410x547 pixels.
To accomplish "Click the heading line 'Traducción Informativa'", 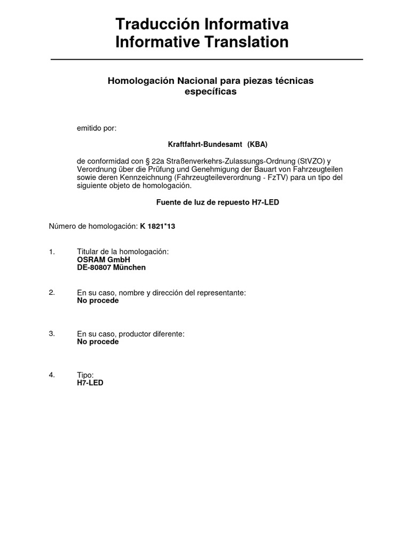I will [202, 24].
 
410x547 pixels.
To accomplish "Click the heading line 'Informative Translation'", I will [202, 42].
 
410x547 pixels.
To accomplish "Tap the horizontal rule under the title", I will [207, 59].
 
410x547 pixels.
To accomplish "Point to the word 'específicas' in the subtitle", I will [210, 91].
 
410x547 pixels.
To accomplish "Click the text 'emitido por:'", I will [97, 128].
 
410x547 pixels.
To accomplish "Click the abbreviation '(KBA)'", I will [257, 145].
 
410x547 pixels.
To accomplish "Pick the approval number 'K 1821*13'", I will [157, 226].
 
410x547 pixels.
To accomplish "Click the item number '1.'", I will [52, 251].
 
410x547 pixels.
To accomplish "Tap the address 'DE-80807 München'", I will [111, 268].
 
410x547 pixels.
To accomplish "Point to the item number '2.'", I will [52, 292].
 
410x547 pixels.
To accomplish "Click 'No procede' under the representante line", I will [98, 301].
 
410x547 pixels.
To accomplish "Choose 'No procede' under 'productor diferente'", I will [98, 342].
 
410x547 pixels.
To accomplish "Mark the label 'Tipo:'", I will [85, 375].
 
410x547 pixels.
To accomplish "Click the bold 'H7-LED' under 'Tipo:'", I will [90, 383].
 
